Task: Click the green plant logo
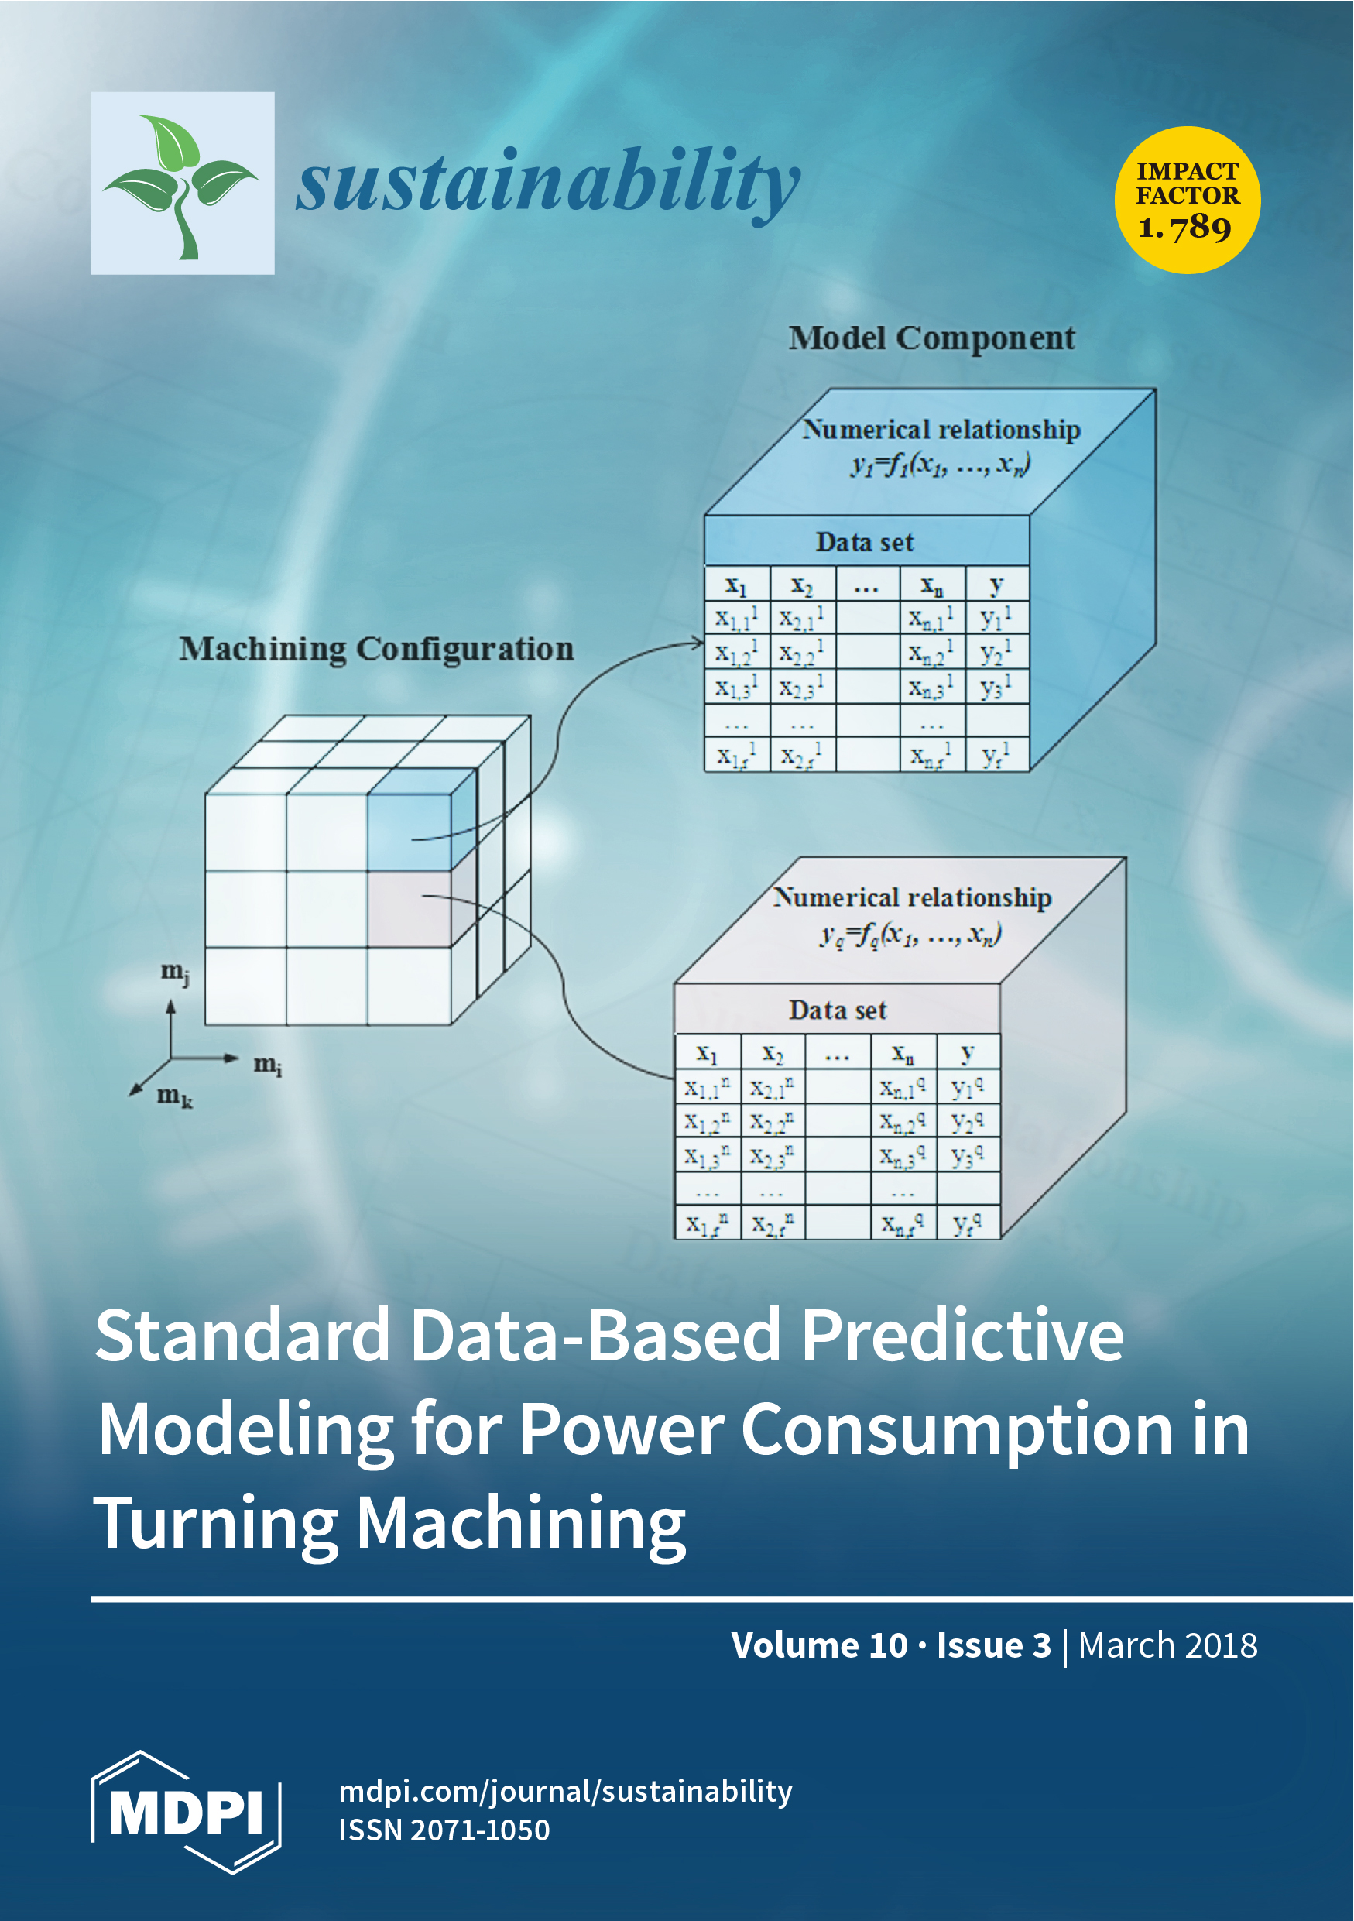point(183,184)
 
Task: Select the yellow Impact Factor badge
point(1188,200)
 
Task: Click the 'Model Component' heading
point(931,339)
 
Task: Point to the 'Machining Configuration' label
point(376,650)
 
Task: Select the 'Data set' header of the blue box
point(865,542)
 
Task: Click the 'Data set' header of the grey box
point(837,1010)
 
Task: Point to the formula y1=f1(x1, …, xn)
point(941,464)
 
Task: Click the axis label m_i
point(268,1065)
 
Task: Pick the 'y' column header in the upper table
point(996,584)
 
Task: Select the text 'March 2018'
point(1167,1645)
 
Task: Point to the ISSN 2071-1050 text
point(444,1830)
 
